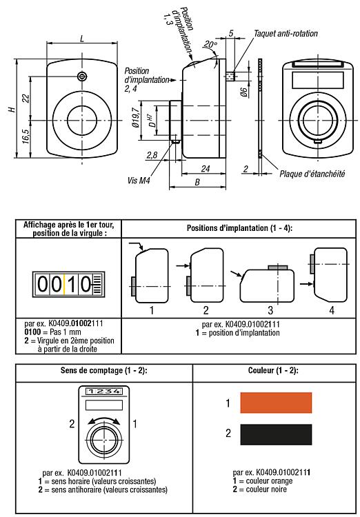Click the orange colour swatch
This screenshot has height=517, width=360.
276,403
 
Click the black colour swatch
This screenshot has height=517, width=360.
276,434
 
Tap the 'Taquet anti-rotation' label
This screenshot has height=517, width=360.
286,34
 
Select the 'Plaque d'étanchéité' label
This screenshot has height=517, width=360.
312,174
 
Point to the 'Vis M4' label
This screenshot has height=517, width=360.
139,181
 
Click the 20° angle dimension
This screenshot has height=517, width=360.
210,44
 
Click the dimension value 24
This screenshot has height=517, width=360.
206,168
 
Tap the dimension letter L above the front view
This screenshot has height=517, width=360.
82,39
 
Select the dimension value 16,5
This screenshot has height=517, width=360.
26,136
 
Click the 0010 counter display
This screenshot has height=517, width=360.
68,284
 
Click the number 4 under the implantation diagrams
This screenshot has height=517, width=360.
332,310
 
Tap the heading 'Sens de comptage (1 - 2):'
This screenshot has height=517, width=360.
103,370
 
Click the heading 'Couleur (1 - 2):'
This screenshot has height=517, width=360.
273,370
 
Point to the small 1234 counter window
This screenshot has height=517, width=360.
104,392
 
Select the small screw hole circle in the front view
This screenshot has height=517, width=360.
82,77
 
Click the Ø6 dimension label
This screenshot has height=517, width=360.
244,91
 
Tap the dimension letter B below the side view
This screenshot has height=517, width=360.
197,183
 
